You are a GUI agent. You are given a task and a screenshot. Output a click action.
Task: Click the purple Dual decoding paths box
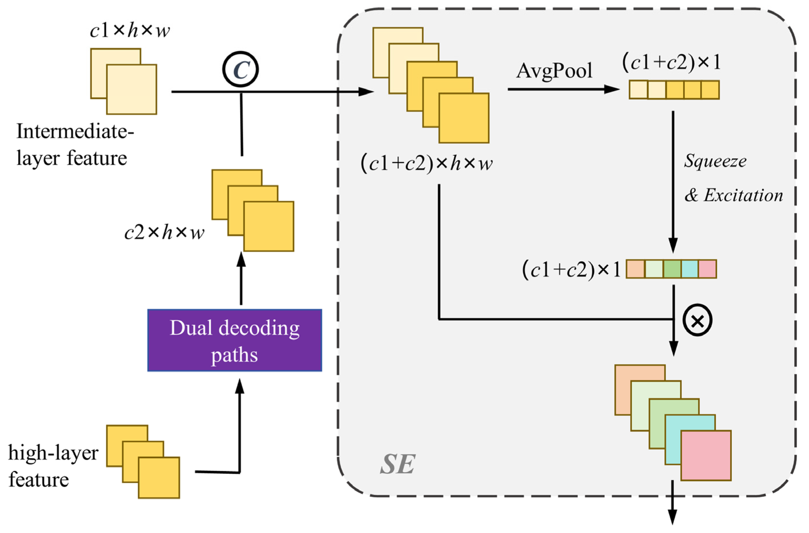235,340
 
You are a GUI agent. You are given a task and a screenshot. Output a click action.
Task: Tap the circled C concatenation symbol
240,69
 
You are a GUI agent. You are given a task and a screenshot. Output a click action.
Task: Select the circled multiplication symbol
697,320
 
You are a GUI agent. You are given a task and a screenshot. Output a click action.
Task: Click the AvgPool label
554,71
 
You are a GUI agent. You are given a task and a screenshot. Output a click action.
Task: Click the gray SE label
397,464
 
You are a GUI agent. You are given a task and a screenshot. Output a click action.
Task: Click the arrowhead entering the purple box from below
240,385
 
